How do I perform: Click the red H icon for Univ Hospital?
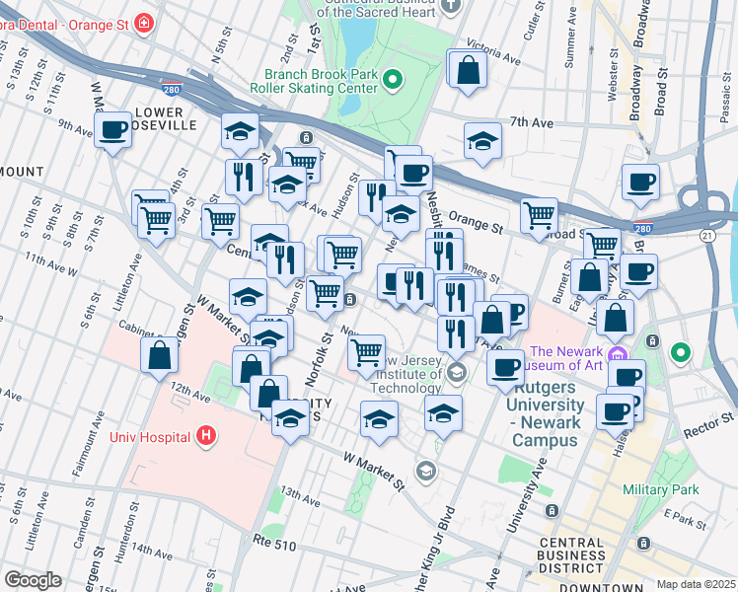(x=205, y=434)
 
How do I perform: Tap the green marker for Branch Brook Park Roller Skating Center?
(x=392, y=79)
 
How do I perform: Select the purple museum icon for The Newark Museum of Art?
(x=619, y=353)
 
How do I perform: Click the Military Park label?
(x=660, y=489)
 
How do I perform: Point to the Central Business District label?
(x=572, y=555)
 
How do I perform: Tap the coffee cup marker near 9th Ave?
(x=113, y=128)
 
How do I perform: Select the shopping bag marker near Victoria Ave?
(x=468, y=70)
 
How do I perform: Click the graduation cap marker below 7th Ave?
(x=482, y=141)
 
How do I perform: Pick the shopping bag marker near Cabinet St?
(x=159, y=356)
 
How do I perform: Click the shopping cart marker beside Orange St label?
(x=539, y=214)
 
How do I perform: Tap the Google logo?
(x=34, y=580)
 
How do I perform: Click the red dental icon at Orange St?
(x=144, y=21)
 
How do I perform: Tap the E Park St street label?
(x=681, y=515)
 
